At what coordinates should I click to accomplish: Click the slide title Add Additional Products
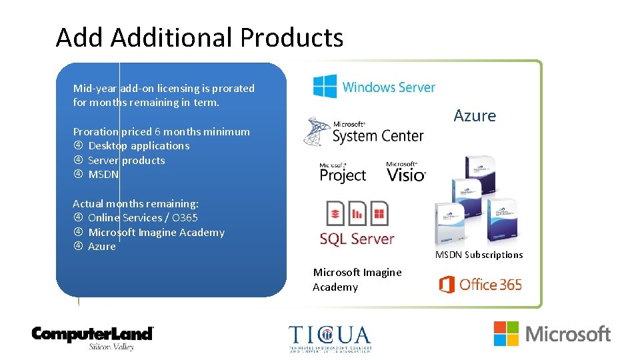pyautogui.click(x=199, y=38)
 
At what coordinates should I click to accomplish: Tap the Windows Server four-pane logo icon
pyautogui.click(x=325, y=87)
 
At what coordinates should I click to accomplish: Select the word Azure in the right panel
pyautogui.click(x=475, y=116)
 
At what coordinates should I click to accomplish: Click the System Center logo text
pyautogui.click(x=377, y=135)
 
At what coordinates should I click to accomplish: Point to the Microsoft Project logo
pyautogui.click(x=343, y=173)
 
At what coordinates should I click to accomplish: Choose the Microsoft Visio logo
pyautogui.click(x=405, y=173)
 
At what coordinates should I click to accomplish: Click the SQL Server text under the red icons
pyautogui.click(x=357, y=239)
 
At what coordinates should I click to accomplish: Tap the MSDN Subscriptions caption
pyautogui.click(x=479, y=255)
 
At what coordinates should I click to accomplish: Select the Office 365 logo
pyautogui.click(x=481, y=285)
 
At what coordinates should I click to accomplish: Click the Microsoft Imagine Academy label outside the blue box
pyautogui.click(x=357, y=279)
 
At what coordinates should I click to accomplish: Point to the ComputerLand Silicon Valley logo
pyautogui.click(x=93, y=337)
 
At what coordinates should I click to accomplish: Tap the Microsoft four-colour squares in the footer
pyautogui.click(x=506, y=333)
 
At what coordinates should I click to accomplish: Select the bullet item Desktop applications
pyautogui.click(x=139, y=146)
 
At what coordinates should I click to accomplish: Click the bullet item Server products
pyautogui.click(x=126, y=161)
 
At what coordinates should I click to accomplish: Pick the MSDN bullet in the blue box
pyautogui.click(x=103, y=175)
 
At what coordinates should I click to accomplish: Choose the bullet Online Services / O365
pyautogui.click(x=143, y=218)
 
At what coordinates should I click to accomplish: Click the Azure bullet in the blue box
pyautogui.click(x=101, y=247)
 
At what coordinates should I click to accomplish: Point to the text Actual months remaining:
pyautogui.click(x=135, y=203)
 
